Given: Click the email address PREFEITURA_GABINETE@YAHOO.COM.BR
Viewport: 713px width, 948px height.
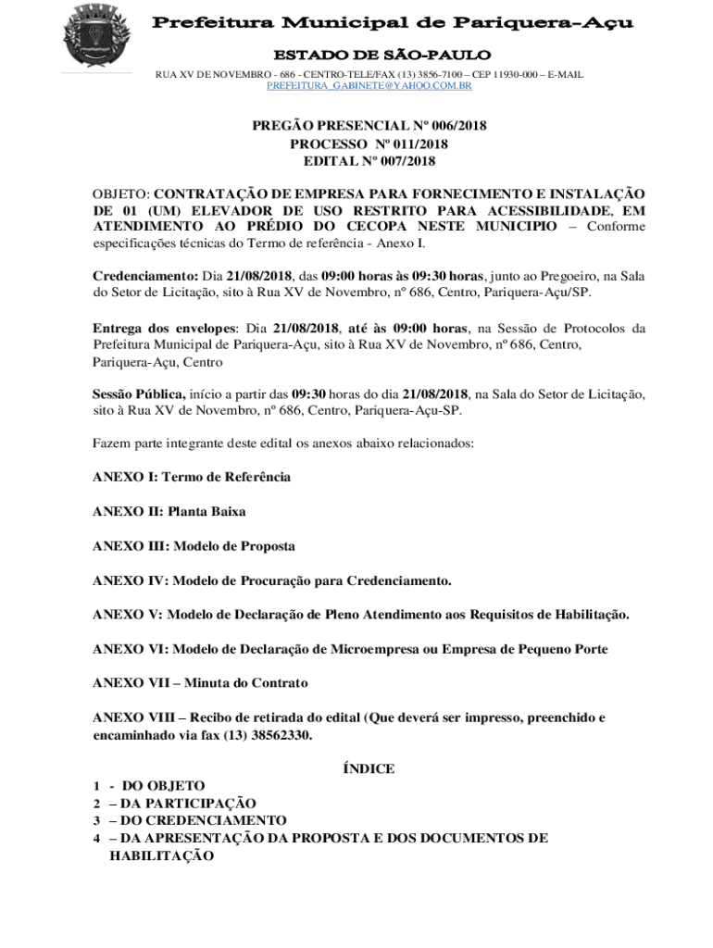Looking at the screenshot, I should [369, 85].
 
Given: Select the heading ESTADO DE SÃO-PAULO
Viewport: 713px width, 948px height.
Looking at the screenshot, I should [369, 56].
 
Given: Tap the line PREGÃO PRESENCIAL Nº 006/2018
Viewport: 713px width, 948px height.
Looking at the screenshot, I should [369, 126].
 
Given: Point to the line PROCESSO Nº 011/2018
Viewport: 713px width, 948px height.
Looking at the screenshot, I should [369, 143].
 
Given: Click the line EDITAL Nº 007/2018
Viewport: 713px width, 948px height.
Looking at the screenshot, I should [369, 161].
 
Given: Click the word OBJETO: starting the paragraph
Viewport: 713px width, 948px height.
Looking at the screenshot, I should [121, 194].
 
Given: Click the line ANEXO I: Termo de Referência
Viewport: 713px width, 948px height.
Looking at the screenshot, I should [192, 477].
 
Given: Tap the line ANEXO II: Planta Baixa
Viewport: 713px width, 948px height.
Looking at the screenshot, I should [169, 511].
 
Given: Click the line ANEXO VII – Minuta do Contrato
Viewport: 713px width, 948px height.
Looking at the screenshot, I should [200, 683].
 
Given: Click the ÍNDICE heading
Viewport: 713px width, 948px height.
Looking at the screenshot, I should [369, 768].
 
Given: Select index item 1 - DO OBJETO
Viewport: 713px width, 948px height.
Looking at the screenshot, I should [148, 786].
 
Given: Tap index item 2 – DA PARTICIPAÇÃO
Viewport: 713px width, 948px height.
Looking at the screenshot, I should [174, 804].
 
